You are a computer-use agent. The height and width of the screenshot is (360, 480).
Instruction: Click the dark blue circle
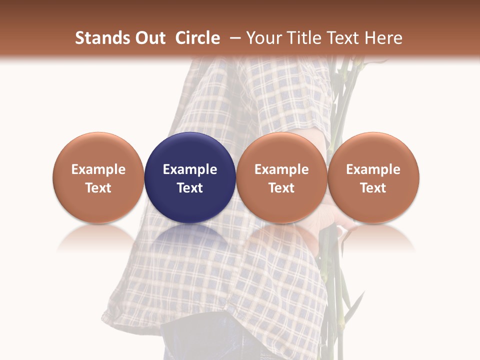click(x=190, y=150)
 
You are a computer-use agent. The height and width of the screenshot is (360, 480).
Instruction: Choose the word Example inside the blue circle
click(x=190, y=169)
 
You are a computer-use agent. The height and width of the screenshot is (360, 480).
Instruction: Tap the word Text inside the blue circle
click(x=190, y=188)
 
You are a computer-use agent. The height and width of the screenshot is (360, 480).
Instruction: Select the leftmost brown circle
click(x=98, y=150)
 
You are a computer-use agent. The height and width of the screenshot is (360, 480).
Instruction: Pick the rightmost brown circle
click(x=373, y=150)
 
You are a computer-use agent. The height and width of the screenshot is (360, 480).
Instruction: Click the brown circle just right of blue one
click(x=281, y=150)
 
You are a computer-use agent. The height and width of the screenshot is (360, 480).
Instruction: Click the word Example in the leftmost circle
click(x=98, y=169)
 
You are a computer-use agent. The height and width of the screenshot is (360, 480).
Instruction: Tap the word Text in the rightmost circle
click(x=373, y=188)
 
